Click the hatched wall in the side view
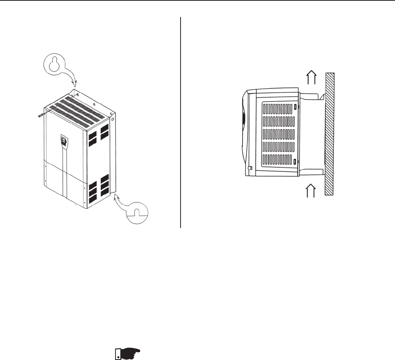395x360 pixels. click(x=330, y=134)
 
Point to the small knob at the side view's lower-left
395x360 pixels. click(x=250, y=168)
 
